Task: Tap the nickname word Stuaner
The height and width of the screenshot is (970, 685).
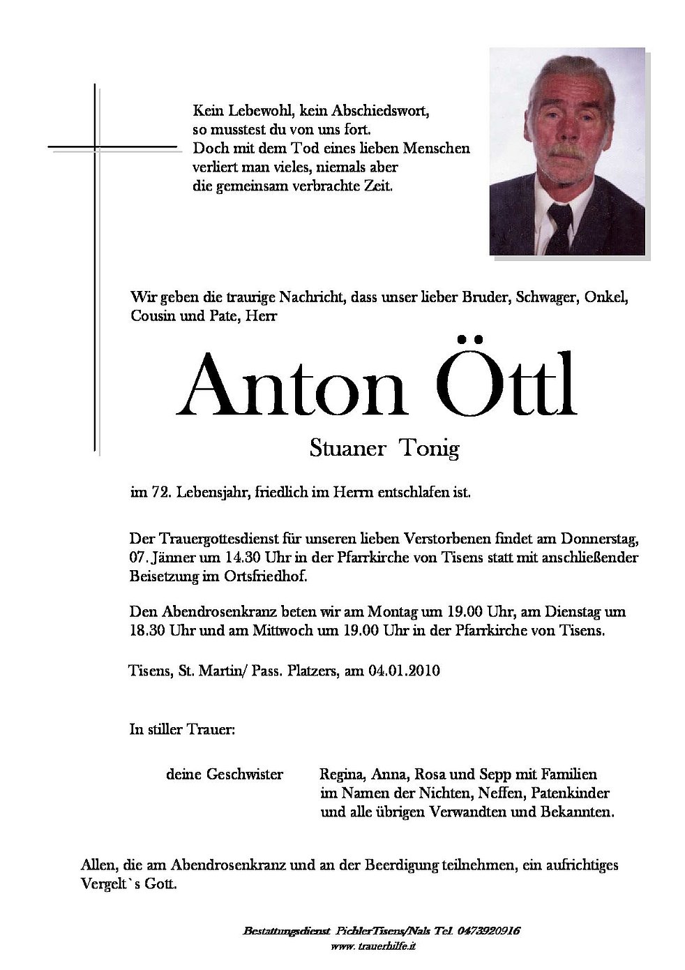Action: [347, 448]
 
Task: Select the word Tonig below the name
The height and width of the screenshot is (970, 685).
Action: [429, 449]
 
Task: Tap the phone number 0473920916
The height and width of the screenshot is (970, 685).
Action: [488, 932]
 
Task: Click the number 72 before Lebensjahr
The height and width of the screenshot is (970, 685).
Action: [159, 492]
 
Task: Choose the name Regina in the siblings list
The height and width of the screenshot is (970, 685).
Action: [342, 774]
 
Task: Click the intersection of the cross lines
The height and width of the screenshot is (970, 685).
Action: [95, 147]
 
